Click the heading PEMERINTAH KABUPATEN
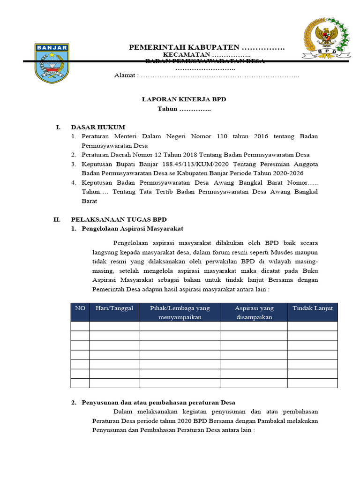tap(185, 48)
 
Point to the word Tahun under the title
tap(167, 109)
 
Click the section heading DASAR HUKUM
tap(98, 127)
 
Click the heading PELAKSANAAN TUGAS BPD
tap(119, 219)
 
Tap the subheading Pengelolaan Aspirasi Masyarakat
tap(132, 228)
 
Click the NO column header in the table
tap(80, 308)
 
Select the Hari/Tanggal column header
tap(114, 308)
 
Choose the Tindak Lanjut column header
tap(312, 308)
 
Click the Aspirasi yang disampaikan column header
tap(254, 312)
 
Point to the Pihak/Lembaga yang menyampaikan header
tap(180, 312)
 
